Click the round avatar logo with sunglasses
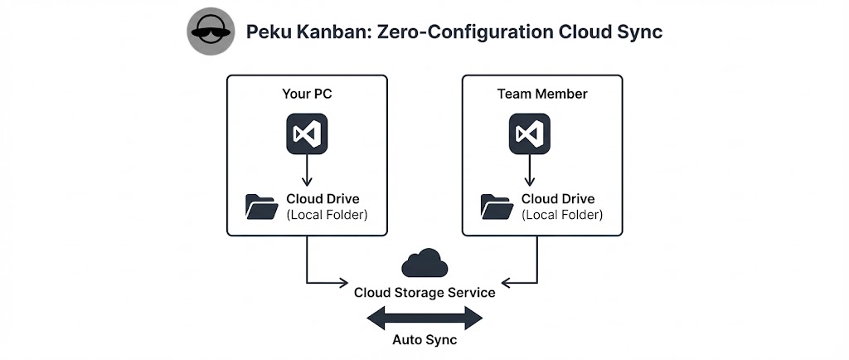pos(211,32)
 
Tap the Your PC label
pos(307,94)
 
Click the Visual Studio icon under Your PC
pos(307,133)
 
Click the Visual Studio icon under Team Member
pos(528,133)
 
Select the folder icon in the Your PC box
pos(261,207)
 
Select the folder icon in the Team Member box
pos(496,207)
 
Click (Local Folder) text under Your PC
pos(327,215)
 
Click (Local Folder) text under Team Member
pos(562,215)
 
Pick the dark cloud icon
pos(424,264)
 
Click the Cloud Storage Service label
pos(424,293)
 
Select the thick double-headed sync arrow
pos(424,318)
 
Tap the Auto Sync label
pos(424,340)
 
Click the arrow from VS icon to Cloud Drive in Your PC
pos(307,171)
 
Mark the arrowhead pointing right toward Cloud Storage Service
pos(343,283)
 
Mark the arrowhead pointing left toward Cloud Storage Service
pos(507,283)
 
